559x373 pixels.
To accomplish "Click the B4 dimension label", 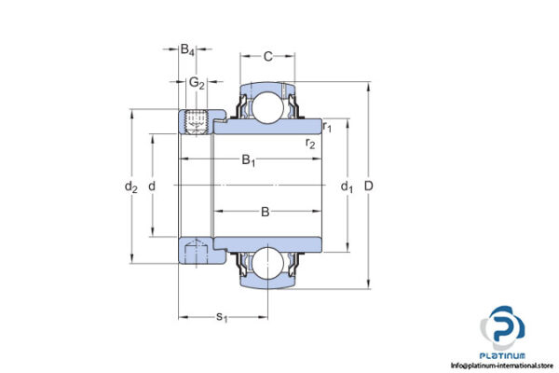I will click(x=188, y=49).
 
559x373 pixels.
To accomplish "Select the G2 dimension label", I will click(x=197, y=84).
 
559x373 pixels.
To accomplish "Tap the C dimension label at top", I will click(x=267, y=57).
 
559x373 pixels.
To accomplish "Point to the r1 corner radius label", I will click(x=327, y=125).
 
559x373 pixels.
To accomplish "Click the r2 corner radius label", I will click(x=310, y=143).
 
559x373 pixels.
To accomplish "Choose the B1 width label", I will click(x=249, y=160).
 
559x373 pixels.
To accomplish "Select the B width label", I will click(x=266, y=212).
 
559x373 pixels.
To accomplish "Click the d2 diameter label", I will click(x=131, y=186).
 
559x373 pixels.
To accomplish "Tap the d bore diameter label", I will click(x=152, y=186).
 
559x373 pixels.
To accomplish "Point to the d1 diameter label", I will click(x=347, y=186).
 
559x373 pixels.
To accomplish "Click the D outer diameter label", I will click(x=369, y=186).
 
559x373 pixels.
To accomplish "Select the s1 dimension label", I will click(x=222, y=317).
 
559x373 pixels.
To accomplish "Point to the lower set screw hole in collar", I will click(x=197, y=249).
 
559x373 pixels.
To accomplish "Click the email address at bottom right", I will click(x=502, y=366).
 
